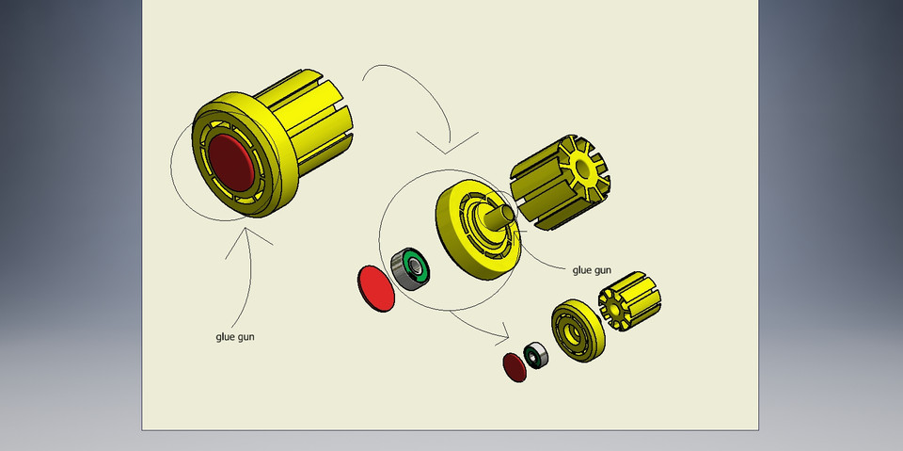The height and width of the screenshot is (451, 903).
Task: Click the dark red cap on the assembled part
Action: click(x=230, y=158)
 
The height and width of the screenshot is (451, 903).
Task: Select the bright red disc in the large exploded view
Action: click(x=376, y=287)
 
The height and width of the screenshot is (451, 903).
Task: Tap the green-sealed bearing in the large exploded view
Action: click(x=410, y=267)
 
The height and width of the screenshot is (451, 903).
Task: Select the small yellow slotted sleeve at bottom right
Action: click(x=630, y=310)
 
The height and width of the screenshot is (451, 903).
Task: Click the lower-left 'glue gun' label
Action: click(x=234, y=336)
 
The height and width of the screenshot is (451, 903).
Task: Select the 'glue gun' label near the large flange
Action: click(x=592, y=270)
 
